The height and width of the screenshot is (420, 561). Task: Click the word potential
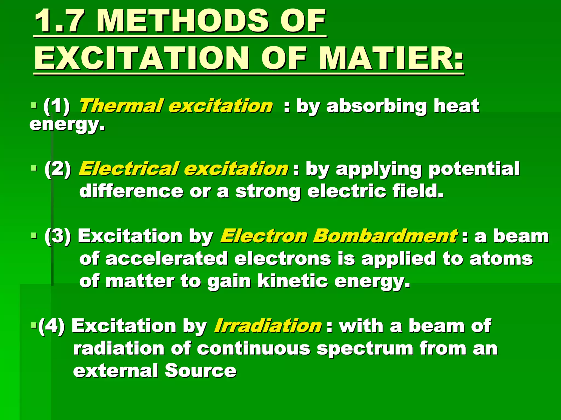click(474, 169)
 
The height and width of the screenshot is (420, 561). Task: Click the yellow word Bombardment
click(385, 236)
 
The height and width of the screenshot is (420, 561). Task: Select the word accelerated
click(166, 258)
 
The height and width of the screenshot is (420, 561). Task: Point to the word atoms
click(501, 258)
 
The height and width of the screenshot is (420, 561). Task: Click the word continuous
click(254, 349)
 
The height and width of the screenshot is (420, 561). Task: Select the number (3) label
click(58, 236)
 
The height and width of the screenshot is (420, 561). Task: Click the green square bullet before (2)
click(34, 168)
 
